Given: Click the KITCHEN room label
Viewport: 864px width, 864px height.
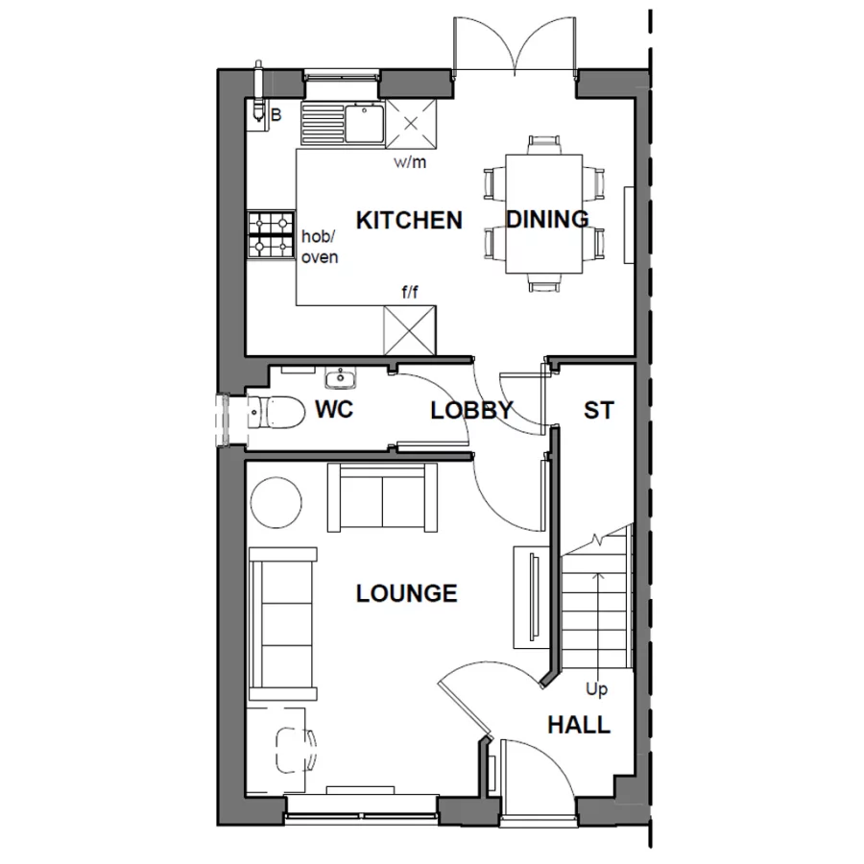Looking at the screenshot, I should [409, 220].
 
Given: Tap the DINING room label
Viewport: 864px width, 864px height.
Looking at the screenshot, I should [547, 220].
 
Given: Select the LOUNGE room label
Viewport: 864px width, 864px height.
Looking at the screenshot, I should [406, 593].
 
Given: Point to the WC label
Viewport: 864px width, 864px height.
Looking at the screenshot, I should [334, 410].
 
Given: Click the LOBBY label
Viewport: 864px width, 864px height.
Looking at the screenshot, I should [471, 411].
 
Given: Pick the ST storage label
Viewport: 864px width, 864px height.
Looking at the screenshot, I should [598, 411].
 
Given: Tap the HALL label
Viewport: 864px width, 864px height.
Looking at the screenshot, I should [579, 725].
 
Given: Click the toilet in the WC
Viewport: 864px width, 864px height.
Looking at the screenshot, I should [272, 412].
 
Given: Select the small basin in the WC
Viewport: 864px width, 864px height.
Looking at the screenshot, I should [341, 375].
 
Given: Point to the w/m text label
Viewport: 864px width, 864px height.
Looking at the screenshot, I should [410, 162].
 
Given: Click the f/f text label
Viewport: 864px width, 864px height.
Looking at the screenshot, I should [409, 292].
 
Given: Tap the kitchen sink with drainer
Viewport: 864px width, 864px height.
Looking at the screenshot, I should [343, 122].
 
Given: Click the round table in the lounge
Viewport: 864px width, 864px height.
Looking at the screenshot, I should [276, 502].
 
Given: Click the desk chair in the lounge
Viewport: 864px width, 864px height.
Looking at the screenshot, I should [294, 749].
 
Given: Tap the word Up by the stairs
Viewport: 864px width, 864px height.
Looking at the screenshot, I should [596, 689].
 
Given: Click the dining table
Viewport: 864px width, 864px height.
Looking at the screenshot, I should [543, 213].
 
